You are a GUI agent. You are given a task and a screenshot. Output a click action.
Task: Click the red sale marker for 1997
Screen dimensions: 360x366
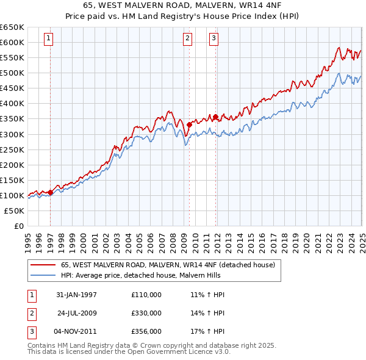pos(50,192)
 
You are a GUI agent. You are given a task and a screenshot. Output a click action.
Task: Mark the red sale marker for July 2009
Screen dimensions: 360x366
pos(189,124)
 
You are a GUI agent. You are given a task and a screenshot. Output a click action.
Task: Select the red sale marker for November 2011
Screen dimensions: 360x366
pos(215,117)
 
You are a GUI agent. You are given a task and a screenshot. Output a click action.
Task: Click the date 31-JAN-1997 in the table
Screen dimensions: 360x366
pos(76,295)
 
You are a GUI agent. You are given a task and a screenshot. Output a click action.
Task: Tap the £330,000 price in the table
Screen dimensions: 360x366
pos(146,313)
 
